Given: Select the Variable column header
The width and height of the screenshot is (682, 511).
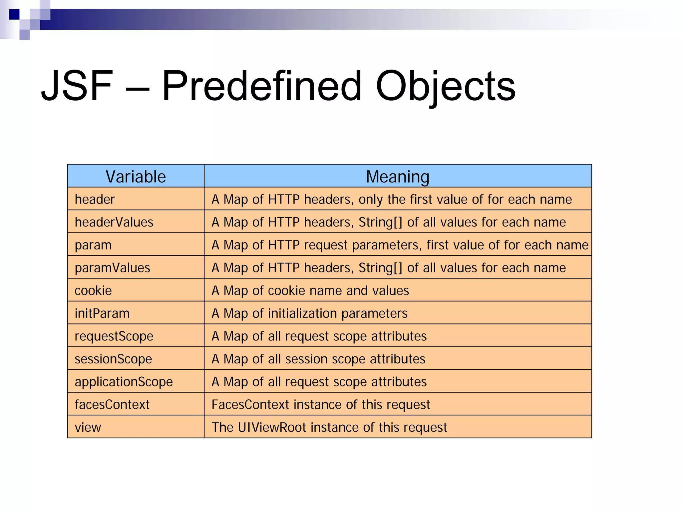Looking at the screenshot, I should click(136, 176).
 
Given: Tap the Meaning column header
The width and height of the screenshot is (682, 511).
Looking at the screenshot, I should click(397, 176).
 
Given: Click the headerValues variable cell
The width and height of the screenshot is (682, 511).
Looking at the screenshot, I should click(114, 222).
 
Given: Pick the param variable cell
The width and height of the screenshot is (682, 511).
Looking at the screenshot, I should click(93, 245).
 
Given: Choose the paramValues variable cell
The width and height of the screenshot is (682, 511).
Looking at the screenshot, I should click(113, 267).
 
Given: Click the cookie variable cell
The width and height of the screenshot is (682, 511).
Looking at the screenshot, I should click(93, 290).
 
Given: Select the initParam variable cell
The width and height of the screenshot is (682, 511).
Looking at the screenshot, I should click(102, 313).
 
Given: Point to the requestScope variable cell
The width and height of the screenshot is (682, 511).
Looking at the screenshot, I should click(114, 336).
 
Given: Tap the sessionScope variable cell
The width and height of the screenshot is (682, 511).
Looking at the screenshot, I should click(113, 359).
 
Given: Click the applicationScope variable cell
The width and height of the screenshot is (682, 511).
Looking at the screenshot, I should click(124, 382).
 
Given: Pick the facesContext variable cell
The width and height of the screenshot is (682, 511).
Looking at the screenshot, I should click(112, 404).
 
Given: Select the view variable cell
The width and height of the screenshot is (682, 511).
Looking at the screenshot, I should click(88, 427).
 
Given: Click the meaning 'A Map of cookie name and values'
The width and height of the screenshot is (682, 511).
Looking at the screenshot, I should click(310, 290).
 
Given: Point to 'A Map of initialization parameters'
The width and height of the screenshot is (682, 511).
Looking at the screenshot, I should click(309, 313).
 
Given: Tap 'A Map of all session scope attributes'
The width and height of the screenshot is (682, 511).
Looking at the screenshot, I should click(318, 359).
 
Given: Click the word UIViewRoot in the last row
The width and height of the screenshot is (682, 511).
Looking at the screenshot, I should click(272, 427).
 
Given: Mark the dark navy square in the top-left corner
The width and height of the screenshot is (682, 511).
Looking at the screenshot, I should click(14, 15).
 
